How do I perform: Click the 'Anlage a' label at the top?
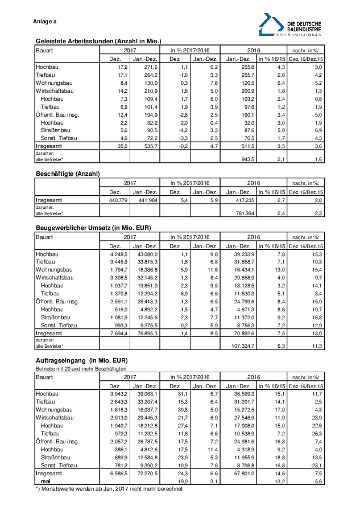coord(45,22)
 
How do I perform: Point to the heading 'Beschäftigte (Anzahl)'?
coord(68,172)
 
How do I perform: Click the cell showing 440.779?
coord(116,200)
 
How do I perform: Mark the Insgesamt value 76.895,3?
coord(146,332)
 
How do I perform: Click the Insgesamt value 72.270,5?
coord(146,474)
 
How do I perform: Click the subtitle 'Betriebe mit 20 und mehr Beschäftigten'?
coord(81,369)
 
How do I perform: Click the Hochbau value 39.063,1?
coord(146,393)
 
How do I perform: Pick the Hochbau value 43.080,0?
coord(146,253)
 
